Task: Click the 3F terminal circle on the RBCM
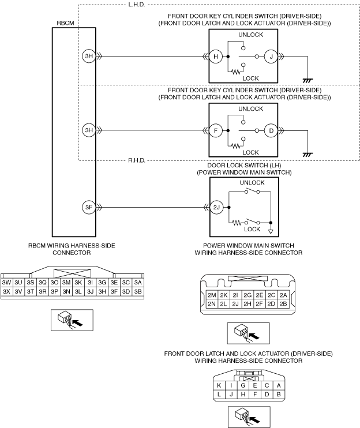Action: [89, 208]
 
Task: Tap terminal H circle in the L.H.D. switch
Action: [216, 57]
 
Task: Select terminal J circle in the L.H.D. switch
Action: [271, 57]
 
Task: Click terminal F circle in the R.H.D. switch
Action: [216, 130]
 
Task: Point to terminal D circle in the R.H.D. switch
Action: [271, 130]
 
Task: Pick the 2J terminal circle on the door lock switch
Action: [216, 208]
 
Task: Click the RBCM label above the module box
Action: [65, 23]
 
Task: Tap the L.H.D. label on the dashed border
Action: [136, 5]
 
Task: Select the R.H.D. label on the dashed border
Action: [137, 160]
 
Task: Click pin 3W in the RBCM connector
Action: [6, 283]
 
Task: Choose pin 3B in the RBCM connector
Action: [138, 291]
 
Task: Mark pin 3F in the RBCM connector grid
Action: [114, 291]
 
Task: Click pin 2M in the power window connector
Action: [212, 295]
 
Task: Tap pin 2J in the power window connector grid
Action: [235, 304]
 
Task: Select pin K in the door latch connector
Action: [219, 385]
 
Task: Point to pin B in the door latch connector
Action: [279, 394]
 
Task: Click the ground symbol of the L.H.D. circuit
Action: [307, 81]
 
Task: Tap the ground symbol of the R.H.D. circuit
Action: [307, 155]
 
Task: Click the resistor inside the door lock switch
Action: [237, 223]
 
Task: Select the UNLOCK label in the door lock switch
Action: [252, 183]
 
